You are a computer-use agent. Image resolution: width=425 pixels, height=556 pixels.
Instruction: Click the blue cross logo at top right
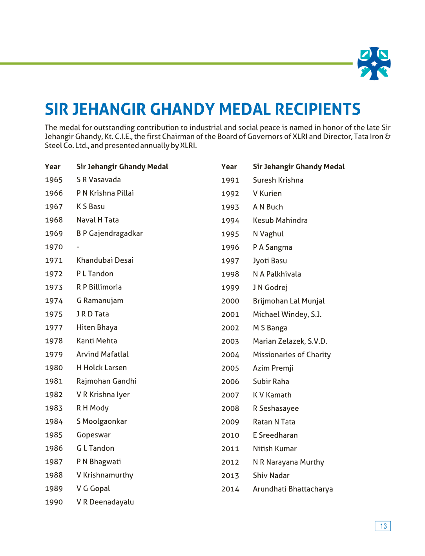click(x=374, y=64)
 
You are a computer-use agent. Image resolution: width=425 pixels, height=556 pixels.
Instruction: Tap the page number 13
click(x=383, y=526)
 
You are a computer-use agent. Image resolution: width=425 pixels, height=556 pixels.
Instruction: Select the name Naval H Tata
click(x=98, y=220)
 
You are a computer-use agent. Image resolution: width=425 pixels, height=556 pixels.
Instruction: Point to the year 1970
click(x=54, y=247)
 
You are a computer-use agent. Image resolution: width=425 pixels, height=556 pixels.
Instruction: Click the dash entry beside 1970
click(x=78, y=247)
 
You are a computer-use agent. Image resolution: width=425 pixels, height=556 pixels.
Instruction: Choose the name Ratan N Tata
click(x=274, y=422)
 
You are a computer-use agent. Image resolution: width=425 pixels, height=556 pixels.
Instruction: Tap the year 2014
click(x=230, y=489)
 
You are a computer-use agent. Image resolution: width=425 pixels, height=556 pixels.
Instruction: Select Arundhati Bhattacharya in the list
click(x=293, y=489)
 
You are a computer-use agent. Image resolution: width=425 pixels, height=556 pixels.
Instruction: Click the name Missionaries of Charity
click(x=292, y=355)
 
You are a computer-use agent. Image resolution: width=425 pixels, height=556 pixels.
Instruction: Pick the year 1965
click(x=54, y=180)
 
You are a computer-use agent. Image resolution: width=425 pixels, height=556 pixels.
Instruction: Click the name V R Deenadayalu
click(x=105, y=502)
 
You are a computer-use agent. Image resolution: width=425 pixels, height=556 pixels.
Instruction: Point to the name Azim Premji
click(x=273, y=368)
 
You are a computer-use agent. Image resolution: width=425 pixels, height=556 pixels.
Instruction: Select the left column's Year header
click(x=53, y=166)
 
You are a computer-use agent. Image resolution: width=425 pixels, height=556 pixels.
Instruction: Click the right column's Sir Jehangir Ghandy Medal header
click(x=299, y=166)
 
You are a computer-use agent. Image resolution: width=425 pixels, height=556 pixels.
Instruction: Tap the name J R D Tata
click(x=93, y=314)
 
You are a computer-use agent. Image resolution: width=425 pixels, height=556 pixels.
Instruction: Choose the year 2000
click(x=230, y=301)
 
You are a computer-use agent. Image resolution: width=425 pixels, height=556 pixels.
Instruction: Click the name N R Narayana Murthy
click(x=288, y=462)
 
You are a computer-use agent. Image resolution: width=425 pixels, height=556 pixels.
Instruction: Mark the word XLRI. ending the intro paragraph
click(x=188, y=146)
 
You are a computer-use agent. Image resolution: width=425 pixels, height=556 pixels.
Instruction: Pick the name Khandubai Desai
click(x=105, y=260)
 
